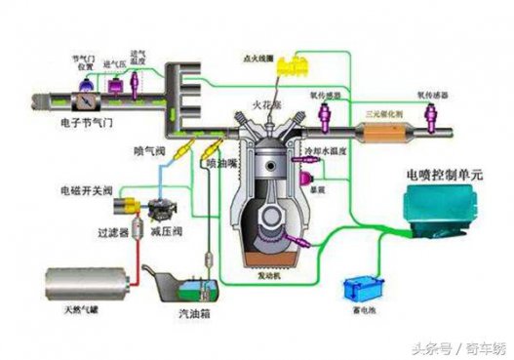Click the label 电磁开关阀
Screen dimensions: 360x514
pyautogui.click(x=85, y=186)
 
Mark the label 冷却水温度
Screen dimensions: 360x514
pyautogui.click(x=329, y=151)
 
